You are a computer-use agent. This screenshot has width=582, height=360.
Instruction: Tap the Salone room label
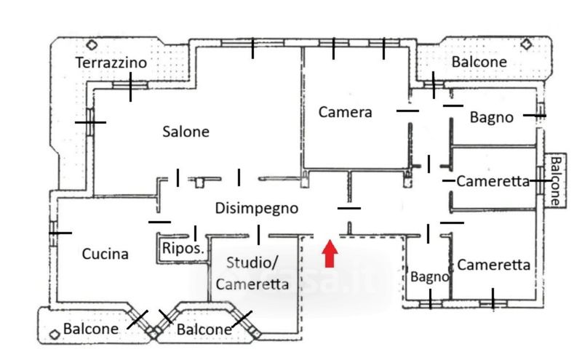click(x=186, y=132)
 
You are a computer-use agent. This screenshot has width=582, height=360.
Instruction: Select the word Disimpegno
click(x=257, y=209)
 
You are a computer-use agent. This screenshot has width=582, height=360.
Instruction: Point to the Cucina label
click(x=105, y=254)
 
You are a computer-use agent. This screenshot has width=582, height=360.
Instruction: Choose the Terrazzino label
click(x=111, y=63)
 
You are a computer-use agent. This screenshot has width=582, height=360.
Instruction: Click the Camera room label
click(x=345, y=112)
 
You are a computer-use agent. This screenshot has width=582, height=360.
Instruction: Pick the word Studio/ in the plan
click(x=252, y=263)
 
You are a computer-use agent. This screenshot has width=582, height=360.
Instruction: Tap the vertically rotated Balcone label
click(x=557, y=181)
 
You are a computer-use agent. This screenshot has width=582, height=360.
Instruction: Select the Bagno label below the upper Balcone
click(x=491, y=117)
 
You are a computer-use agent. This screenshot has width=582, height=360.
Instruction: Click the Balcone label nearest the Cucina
click(x=91, y=329)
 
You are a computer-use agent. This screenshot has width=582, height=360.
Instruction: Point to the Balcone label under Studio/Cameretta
click(x=204, y=329)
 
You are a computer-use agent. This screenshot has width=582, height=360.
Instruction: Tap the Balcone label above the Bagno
click(x=479, y=62)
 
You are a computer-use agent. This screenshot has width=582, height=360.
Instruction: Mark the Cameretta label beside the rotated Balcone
click(x=493, y=182)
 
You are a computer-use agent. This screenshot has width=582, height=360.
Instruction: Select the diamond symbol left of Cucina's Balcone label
click(x=53, y=334)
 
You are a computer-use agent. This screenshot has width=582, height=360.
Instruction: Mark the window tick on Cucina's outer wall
click(x=59, y=233)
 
